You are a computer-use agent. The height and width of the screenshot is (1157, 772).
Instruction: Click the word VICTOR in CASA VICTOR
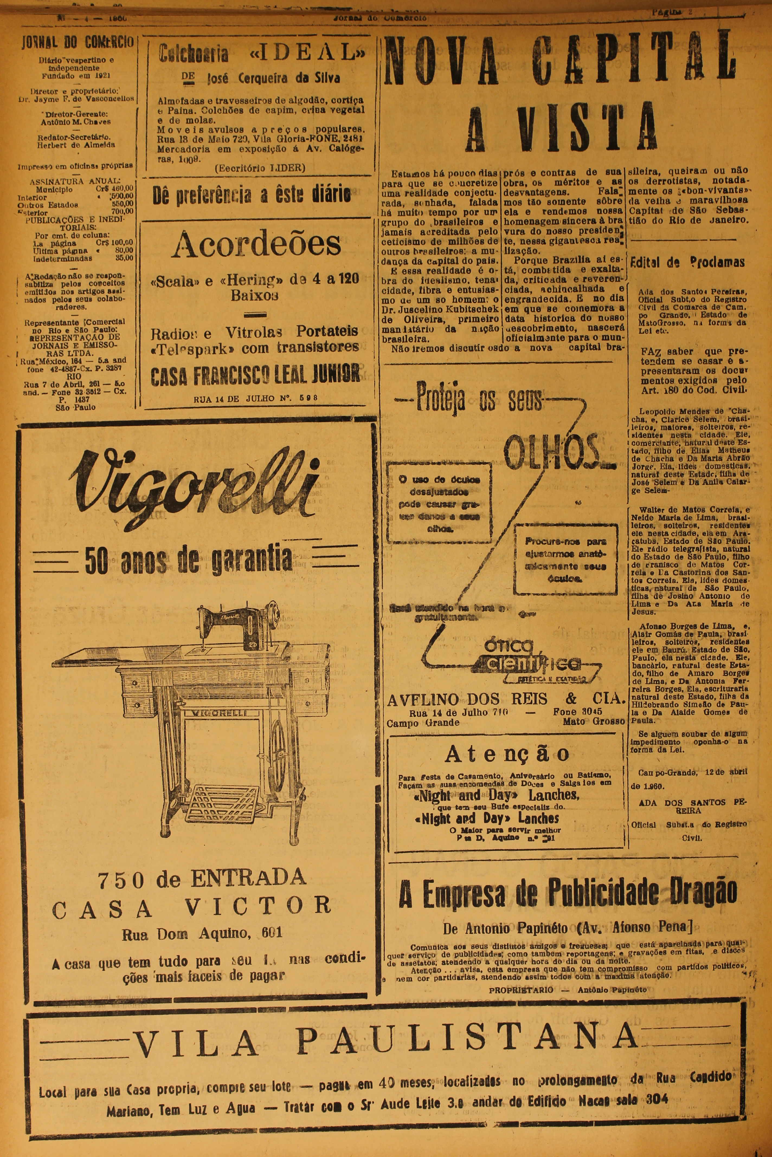[258, 905]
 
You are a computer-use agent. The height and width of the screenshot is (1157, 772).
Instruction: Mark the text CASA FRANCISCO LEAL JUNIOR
[255, 375]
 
